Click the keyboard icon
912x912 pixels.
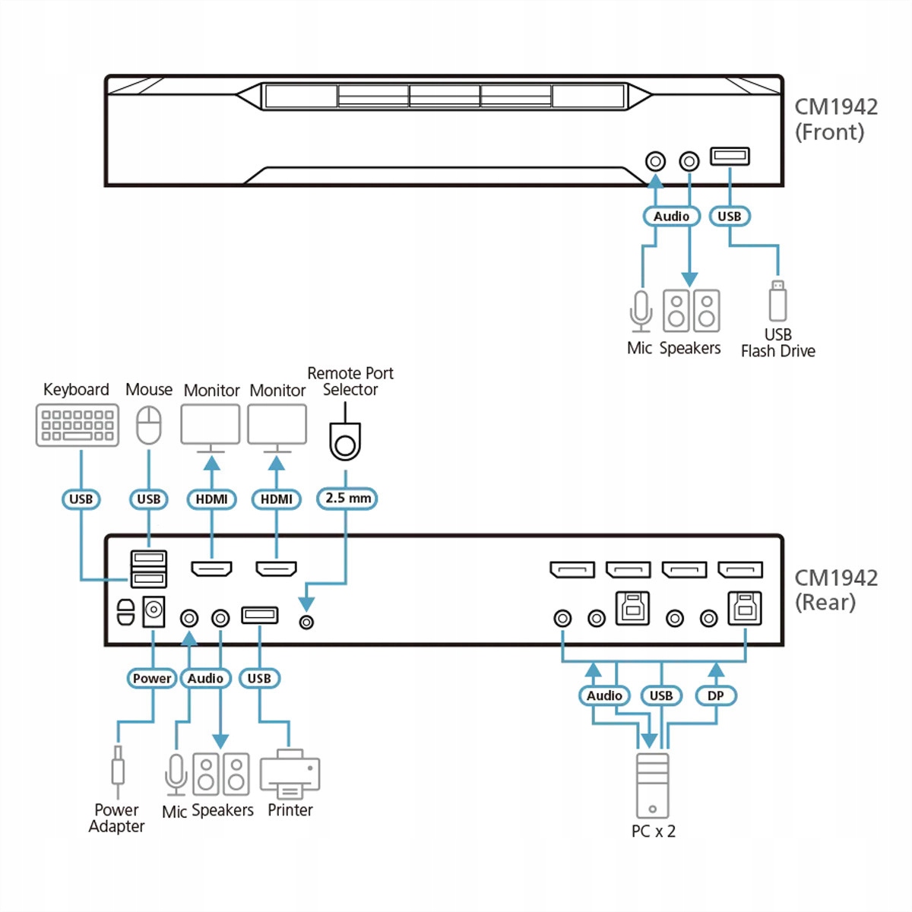tap(78, 425)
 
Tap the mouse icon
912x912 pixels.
tap(149, 425)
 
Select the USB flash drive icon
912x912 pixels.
tap(777, 302)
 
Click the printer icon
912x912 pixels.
tap(290, 774)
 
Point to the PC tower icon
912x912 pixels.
tap(652, 786)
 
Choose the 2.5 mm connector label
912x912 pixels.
tap(347, 499)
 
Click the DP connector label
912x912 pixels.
tap(715, 695)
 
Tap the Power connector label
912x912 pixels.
tap(152, 678)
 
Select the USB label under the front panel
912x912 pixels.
tap(730, 217)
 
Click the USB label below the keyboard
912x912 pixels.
tap(81, 499)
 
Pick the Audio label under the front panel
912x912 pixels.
tap(671, 217)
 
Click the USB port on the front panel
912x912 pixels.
tap(730, 156)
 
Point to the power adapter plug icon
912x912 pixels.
tap(118, 768)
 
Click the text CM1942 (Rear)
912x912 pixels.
tap(835, 590)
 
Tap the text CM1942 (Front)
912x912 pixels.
tap(835, 119)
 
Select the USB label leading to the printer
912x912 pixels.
tap(259, 678)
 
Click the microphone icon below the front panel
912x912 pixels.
tap(641, 311)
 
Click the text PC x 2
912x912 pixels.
tap(653, 831)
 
